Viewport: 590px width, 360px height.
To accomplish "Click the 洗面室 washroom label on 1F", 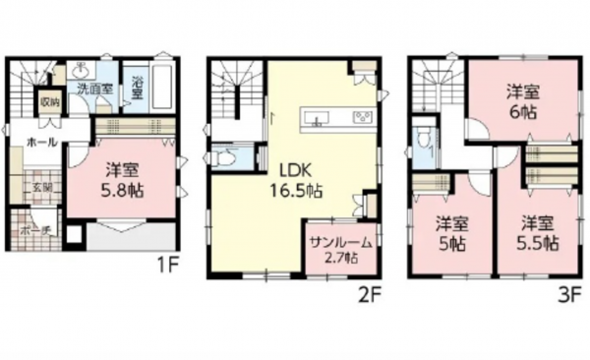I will point(94,87).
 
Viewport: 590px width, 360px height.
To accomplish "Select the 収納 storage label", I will point(49,102).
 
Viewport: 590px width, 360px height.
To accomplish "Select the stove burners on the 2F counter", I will point(360,119).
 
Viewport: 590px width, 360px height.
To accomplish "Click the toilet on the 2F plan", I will point(224,157).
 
